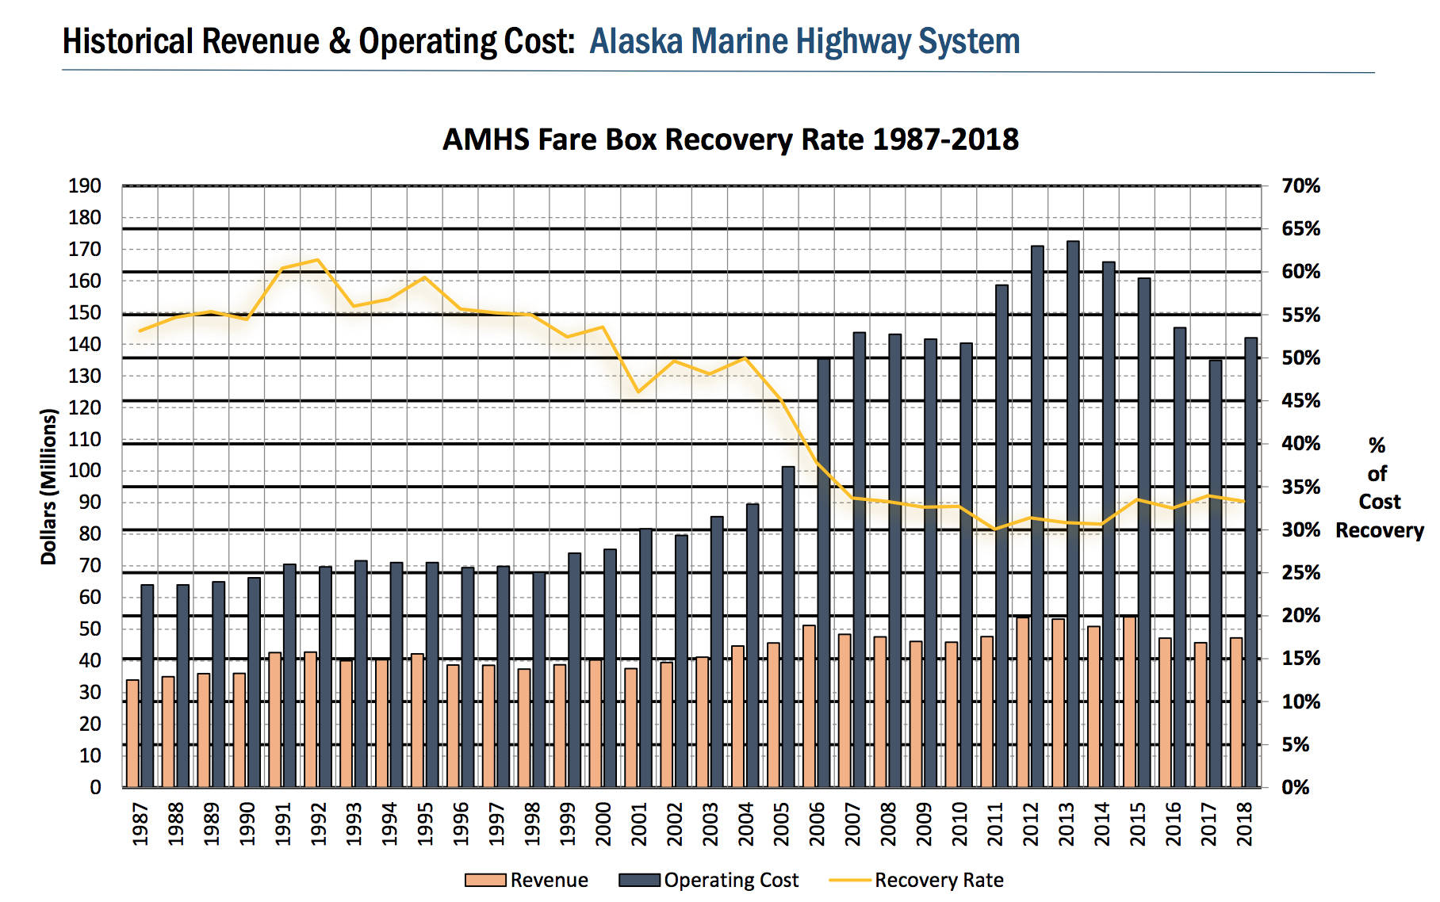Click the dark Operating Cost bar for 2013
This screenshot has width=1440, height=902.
coord(1073,515)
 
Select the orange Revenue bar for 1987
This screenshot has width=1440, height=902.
coord(132,733)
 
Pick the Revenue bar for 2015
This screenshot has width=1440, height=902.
coord(1129,701)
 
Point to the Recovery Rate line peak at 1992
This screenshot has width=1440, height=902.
coord(317,260)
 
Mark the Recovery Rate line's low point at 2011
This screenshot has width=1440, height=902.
coord(995,529)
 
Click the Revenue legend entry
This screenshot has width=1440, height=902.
coord(527,880)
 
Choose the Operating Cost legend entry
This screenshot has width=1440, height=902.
coord(710,880)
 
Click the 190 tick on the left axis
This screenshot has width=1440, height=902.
coord(85,186)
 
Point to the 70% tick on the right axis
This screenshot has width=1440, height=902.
coord(1300,186)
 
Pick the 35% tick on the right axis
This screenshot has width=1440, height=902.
coord(1300,487)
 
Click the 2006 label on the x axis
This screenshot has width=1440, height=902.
coord(817,824)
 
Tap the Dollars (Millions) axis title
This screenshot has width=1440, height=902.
coord(49,486)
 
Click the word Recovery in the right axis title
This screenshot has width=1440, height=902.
coord(1379,530)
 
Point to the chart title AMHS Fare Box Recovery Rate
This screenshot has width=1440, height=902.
coord(730,140)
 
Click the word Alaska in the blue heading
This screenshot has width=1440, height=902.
coord(636,41)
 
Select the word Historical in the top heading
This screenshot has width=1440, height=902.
coord(128,41)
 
